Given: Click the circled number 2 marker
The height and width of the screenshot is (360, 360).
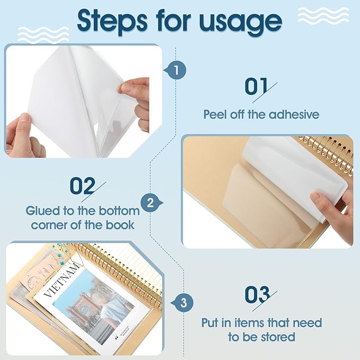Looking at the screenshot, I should click(151, 203).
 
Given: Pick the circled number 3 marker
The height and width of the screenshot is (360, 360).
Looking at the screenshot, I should click(183, 303).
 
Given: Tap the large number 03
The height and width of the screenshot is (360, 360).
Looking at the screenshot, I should click(258, 295).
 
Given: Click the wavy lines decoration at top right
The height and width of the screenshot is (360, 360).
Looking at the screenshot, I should click(323, 15).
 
